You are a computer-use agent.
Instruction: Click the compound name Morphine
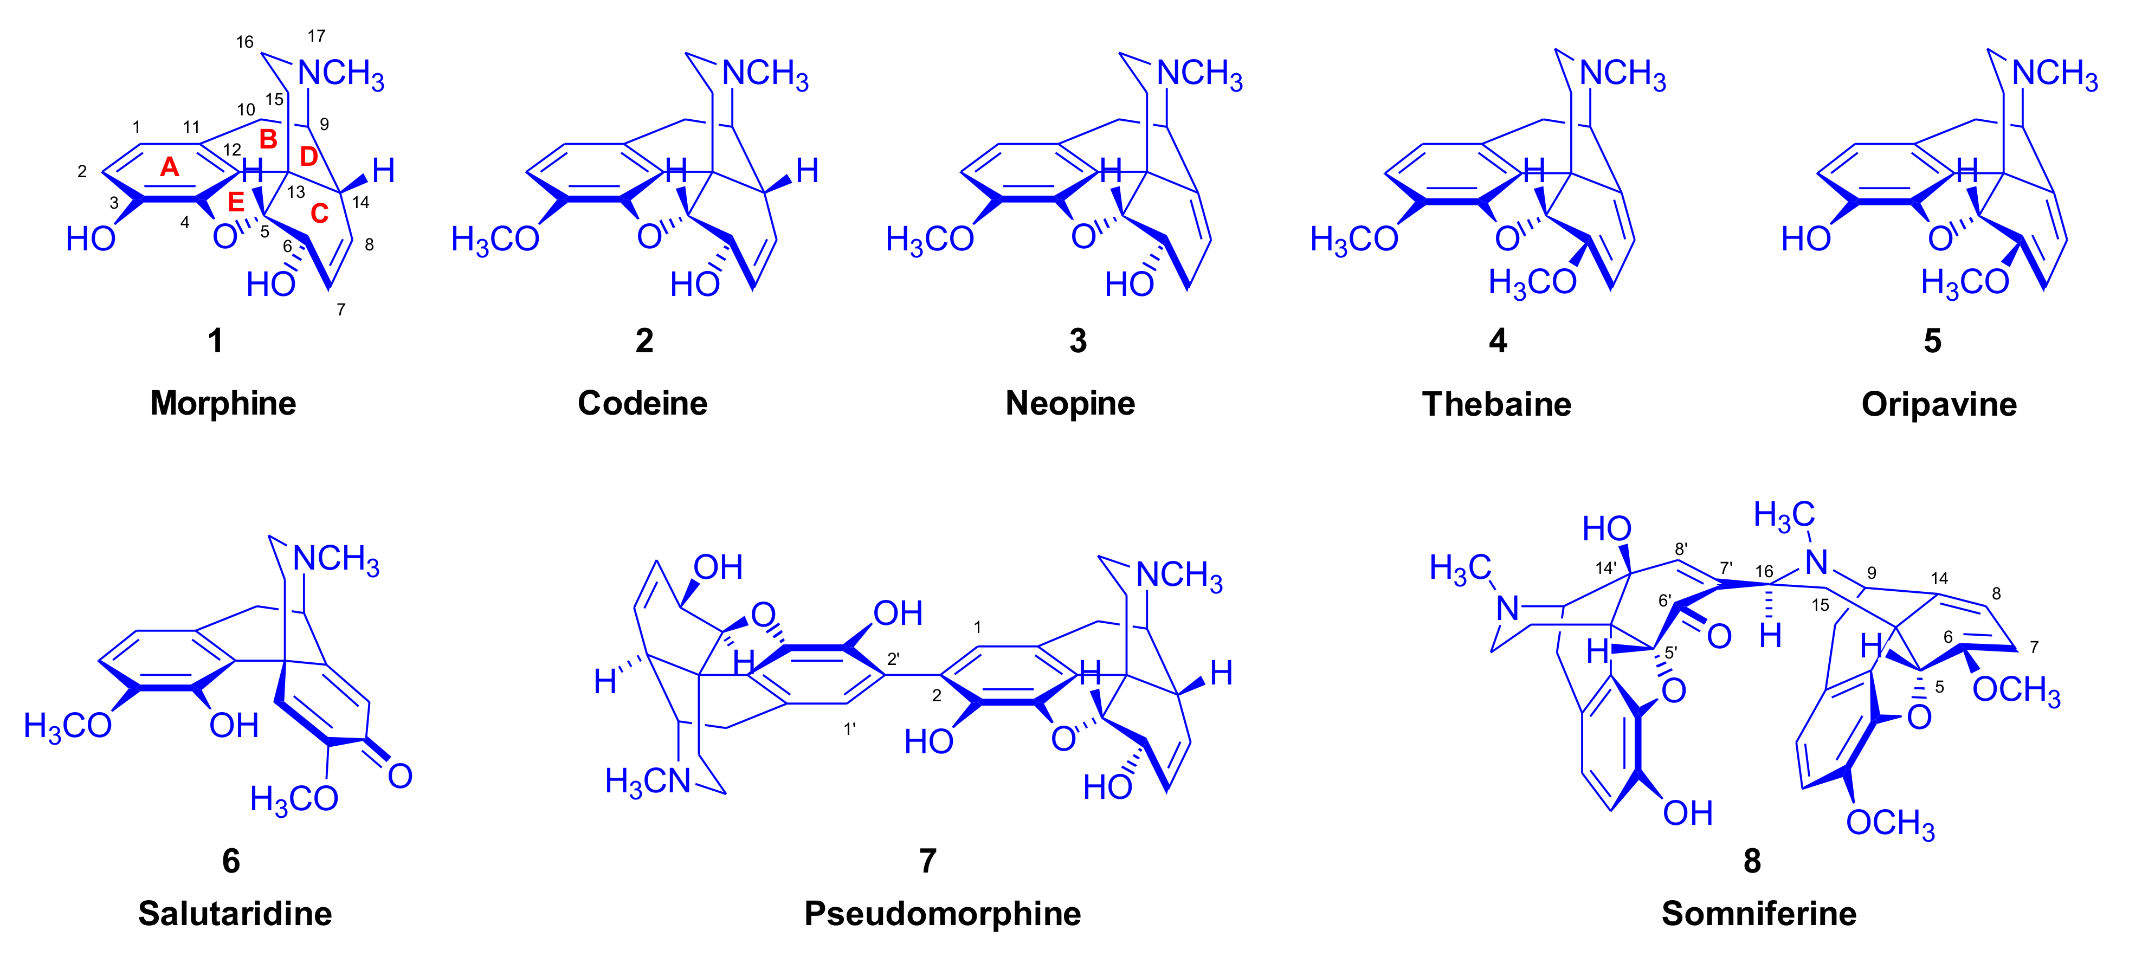click(x=223, y=403)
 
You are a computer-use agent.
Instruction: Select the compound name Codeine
click(x=642, y=403)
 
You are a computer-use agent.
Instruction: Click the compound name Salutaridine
click(x=235, y=913)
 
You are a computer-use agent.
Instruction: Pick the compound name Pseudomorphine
click(x=942, y=913)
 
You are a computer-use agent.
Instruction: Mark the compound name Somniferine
click(x=1759, y=913)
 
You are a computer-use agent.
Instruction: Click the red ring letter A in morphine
click(x=170, y=168)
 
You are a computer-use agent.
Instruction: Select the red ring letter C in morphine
click(x=319, y=214)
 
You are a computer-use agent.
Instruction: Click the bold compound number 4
click(x=1498, y=340)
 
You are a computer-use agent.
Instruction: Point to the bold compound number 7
click(x=928, y=861)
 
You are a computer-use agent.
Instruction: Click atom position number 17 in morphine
click(x=317, y=36)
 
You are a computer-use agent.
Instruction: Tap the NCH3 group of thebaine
click(x=1622, y=74)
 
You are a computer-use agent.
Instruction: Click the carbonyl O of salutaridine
click(x=400, y=776)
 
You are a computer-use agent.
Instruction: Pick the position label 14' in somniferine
click(x=1606, y=567)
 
